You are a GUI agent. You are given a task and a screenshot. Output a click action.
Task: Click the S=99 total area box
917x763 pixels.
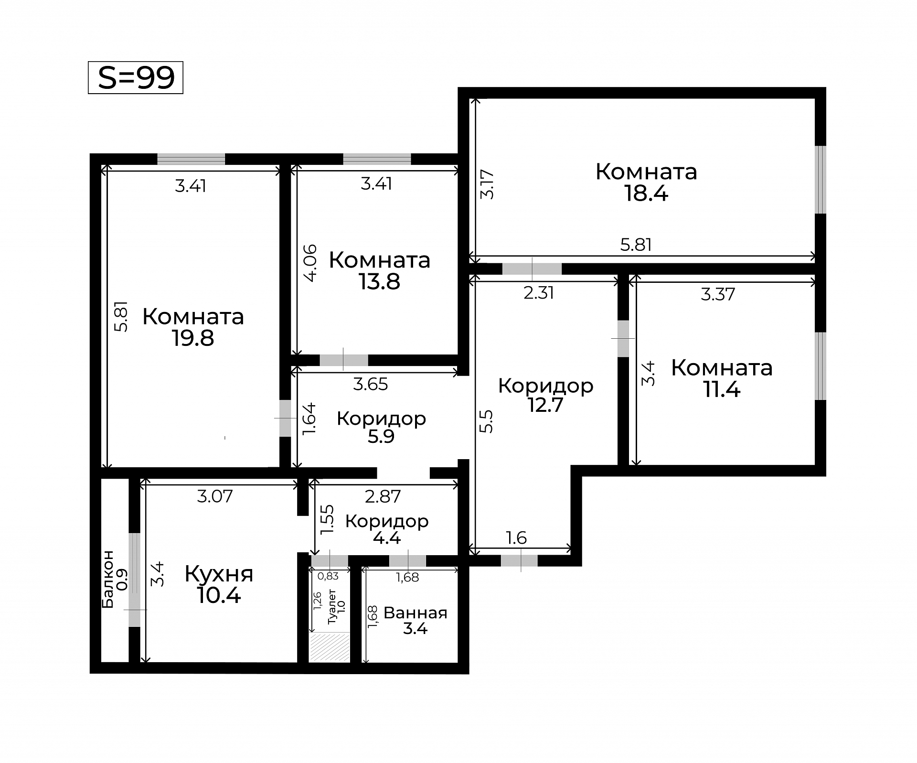[136, 77]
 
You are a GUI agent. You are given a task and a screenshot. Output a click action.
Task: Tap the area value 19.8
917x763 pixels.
[193, 338]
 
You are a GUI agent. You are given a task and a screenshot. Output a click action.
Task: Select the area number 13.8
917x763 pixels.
[380, 282]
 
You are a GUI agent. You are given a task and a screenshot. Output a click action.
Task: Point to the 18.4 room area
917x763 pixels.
[647, 193]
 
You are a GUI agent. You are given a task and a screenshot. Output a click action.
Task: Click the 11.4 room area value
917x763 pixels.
[722, 390]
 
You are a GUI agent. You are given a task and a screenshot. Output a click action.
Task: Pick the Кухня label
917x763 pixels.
[219, 574]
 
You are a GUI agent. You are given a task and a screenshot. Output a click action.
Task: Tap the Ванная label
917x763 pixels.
[416, 613]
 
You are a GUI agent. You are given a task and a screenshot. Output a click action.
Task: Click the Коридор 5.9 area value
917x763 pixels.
[381, 437]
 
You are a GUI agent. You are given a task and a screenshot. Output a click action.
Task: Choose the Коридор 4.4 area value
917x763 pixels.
[387, 538]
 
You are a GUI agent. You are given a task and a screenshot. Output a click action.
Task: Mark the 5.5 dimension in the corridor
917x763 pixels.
[486, 421]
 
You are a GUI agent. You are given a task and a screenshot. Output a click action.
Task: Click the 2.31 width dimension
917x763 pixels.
[539, 293]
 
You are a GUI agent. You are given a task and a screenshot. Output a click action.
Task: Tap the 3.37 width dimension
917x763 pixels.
[718, 294]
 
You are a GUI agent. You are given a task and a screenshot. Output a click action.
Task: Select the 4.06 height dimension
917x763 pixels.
[310, 263]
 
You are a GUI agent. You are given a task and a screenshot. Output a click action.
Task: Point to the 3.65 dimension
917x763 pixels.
[371, 384]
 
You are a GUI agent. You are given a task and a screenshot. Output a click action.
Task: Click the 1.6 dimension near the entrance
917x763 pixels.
[517, 538]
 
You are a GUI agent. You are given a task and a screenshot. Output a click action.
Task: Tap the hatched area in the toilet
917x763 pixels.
[330, 647]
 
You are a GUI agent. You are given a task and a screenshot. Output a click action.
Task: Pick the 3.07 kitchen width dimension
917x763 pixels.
[215, 496]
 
